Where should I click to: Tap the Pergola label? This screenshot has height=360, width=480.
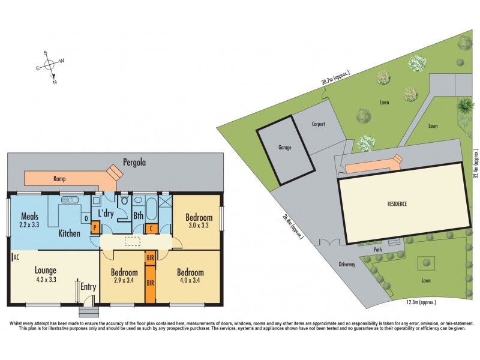135,162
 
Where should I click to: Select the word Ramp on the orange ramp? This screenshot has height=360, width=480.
59,178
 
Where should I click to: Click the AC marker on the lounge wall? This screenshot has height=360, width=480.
14,256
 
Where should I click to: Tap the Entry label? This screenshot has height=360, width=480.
88,287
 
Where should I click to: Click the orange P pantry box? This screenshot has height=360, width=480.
94,228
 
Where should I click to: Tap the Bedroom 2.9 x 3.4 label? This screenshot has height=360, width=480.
124,276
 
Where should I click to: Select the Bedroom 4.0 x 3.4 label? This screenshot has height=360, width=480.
190,276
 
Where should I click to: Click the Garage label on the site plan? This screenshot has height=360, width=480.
284,147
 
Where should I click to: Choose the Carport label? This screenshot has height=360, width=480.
318,124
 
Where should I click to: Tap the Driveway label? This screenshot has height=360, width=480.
348,264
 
